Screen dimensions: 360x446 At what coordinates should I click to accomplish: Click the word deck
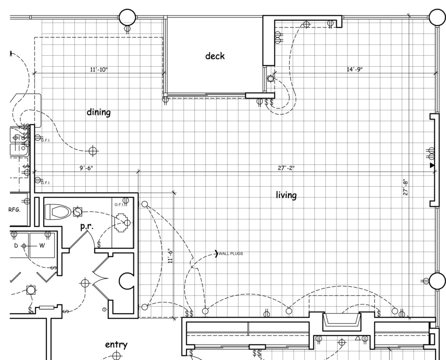(215, 56)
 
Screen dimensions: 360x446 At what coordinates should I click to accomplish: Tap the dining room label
(99, 112)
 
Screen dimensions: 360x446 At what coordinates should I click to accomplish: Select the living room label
(286, 195)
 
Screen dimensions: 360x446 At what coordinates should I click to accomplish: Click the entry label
(116, 345)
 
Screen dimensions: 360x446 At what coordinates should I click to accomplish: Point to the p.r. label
(86, 227)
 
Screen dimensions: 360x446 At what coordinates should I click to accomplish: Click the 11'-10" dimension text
(99, 70)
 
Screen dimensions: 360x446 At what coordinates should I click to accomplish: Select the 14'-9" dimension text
(355, 69)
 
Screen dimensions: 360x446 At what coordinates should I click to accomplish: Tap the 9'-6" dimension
(86, 168)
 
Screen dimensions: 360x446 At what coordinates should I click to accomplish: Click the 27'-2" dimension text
(286, 168)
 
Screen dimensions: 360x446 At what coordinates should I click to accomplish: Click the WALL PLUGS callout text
(231, 254)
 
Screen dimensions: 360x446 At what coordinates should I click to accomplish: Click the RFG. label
(15, 210)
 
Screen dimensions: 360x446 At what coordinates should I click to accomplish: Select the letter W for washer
(41, 246)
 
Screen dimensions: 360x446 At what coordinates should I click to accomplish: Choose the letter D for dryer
(16, 246)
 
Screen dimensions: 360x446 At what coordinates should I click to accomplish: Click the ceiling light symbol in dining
(93, 151)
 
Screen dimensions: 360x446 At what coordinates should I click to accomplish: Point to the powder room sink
(122, 222)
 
